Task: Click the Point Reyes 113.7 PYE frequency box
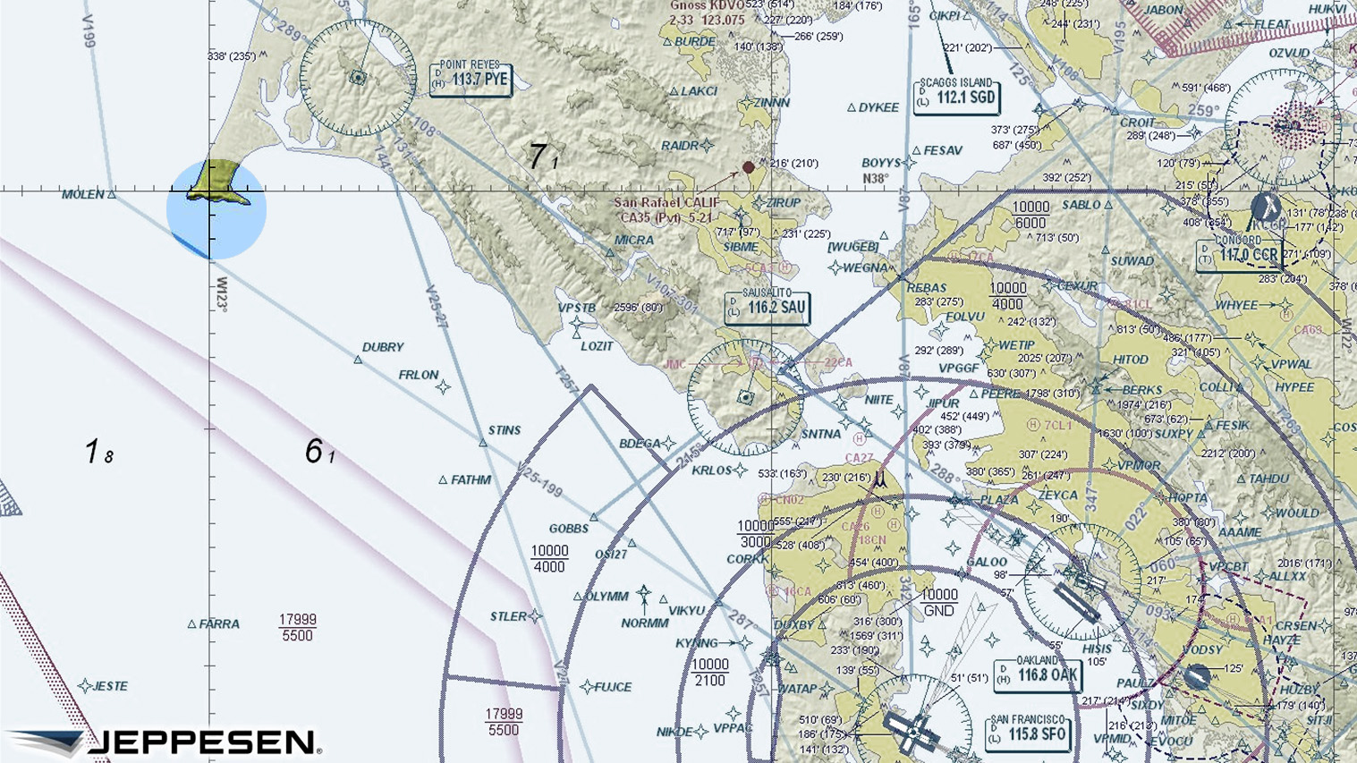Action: [471, 79]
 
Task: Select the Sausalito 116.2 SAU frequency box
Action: [768, 307]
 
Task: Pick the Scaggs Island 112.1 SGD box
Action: [956, 96]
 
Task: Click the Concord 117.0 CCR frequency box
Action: [1239, 254]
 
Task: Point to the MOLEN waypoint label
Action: [82, 194]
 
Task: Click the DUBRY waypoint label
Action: [383, 347]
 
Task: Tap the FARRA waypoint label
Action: [219, 624]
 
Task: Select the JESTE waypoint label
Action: [110, 686]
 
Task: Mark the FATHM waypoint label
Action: [471, 480]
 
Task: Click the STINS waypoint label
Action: [505, 430]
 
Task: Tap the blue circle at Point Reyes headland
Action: [216, 210]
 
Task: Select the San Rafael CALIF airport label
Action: [666, 203]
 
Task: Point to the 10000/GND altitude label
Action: [938, 603]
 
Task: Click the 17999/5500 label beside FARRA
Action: [297, 627]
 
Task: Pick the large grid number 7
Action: [537, 157]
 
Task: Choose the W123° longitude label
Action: [221, 293]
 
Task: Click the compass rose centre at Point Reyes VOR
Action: [358, 78]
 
